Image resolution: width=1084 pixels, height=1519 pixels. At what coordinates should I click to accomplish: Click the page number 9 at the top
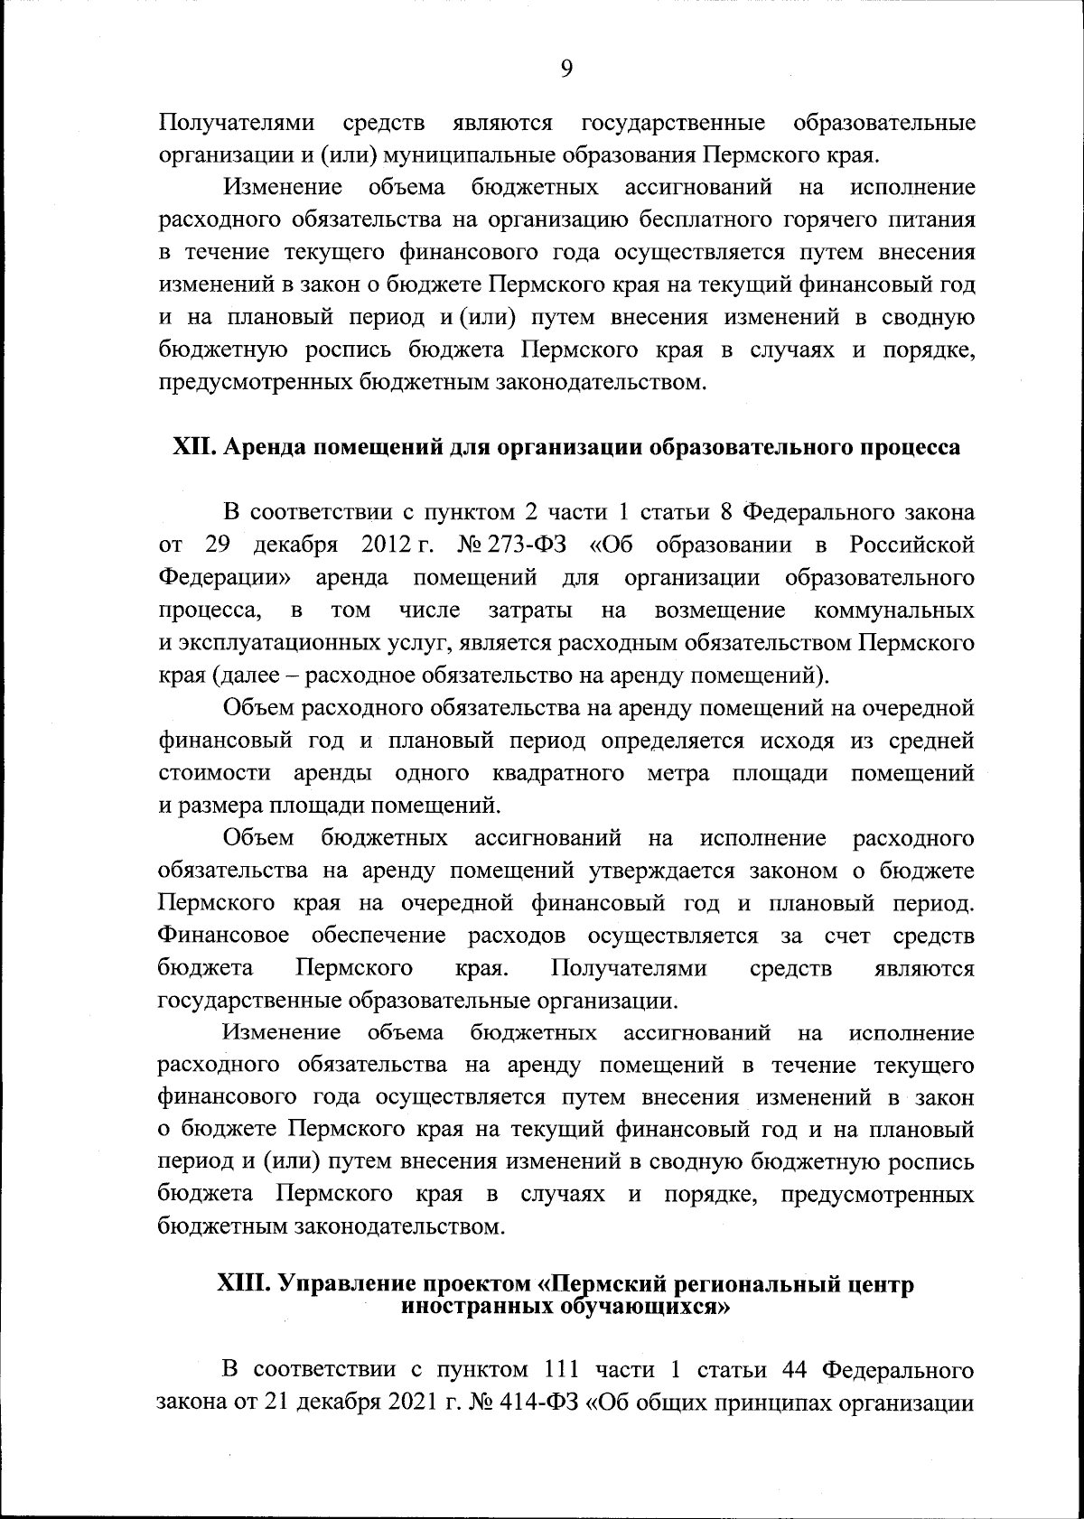point(566,70)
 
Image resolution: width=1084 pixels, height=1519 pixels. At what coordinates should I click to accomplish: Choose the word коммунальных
point(893,610)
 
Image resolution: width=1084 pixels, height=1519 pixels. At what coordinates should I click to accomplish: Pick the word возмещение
point(719,610)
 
